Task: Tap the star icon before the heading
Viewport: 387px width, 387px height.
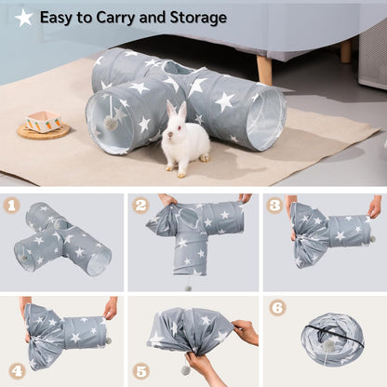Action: [24, 17]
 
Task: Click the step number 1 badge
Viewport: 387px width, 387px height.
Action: [13, 206]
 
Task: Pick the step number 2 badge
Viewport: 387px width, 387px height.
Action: [141, 206]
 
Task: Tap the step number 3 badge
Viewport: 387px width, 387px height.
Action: [274, 206]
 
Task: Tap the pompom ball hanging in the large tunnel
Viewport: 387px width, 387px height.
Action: [110, 123]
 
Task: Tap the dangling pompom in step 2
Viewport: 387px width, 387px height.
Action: [188, 287]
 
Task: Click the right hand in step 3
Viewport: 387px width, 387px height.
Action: [374, 207]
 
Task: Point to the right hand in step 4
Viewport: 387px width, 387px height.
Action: [111, 308]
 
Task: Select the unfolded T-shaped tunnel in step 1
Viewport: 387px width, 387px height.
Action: [62, 239]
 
